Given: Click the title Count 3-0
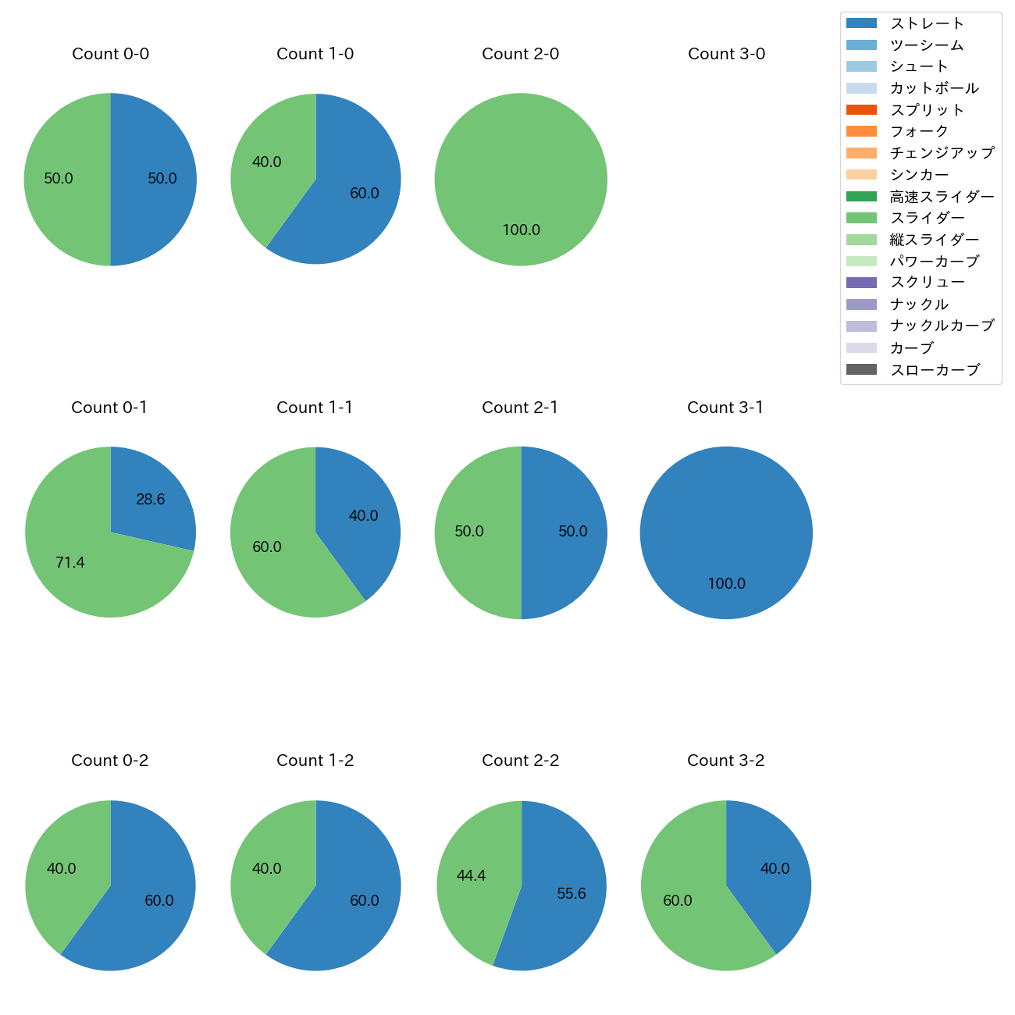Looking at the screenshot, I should (726, 54).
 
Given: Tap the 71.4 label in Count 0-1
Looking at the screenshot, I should (70, 562).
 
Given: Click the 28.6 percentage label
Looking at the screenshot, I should (150, 500).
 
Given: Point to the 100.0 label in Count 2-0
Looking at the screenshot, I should (521, 230).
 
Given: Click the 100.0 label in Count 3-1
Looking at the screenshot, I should (726, 584).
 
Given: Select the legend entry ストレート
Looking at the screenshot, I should (927, 23).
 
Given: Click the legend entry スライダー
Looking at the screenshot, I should (927, 218).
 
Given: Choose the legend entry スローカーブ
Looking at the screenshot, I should (935, 370).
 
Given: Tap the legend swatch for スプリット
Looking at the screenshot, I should (861, 110).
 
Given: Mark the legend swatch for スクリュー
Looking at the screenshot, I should (861, 283).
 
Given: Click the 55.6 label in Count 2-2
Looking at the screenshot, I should (571, 894).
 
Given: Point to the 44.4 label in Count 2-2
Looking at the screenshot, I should (471, 876).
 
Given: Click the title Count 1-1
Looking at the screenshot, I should (315, 408).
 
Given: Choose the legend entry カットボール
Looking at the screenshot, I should (934, 88).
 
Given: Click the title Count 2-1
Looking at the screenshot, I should (520, 408).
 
